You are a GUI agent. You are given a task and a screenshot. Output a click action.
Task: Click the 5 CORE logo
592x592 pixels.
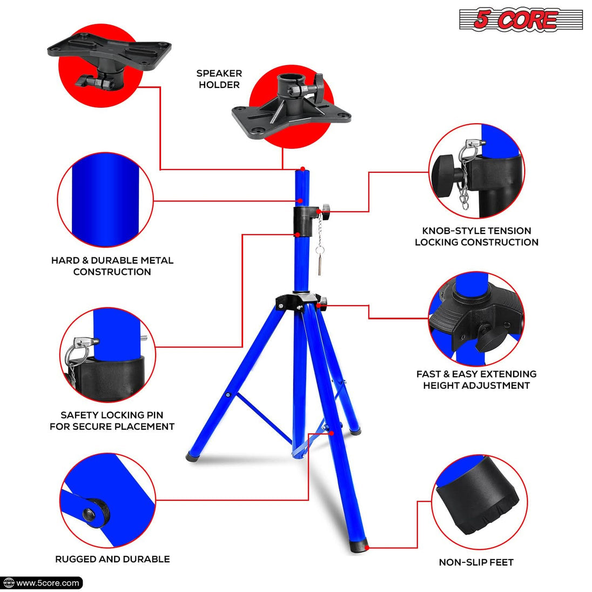click(521, 20)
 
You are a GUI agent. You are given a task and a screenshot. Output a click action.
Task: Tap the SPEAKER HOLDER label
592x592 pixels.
click(219, 79)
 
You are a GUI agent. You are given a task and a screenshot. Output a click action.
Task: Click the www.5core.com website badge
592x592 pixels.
click(42, 583)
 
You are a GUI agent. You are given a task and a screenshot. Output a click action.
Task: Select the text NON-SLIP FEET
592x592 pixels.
click(476, 562)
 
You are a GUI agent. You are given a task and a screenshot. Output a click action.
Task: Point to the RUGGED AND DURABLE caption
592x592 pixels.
click(112, 559)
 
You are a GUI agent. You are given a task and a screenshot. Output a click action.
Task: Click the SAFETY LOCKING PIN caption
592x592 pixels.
click(112, 421)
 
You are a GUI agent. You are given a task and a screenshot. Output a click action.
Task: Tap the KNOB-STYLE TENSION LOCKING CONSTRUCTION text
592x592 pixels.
click(476, 237)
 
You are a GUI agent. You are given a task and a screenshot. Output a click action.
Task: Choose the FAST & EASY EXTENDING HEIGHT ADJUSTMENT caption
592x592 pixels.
click(476, 380)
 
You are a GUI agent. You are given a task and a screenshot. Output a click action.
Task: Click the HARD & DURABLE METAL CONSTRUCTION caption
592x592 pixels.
click(112, 266)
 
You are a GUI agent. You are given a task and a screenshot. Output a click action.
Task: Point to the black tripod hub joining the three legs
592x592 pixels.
click(297, 301)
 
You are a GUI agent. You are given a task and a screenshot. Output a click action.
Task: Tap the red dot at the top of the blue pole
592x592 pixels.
click(302, 169)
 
